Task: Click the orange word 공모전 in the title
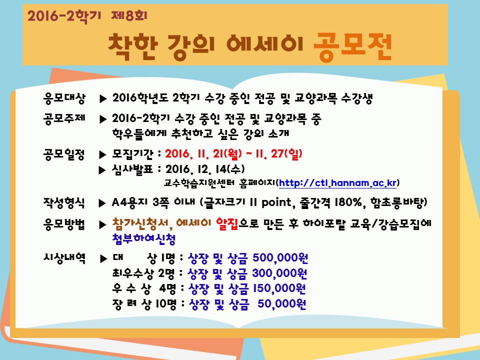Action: click(x=352, y=46)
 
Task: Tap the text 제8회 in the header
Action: click(x=129, y=15)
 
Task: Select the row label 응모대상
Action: click(x=64, y=98)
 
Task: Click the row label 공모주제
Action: click(x=64, y=118)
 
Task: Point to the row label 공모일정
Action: click(x=64, y=154)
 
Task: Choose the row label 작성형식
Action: click(x=64, y=202)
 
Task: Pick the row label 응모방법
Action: click(x=64, y=224)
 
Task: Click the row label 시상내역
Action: click(x=64, y=258)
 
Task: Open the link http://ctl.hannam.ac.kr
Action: click(x=337, y=183)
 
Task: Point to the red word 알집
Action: click(x=227, y=224)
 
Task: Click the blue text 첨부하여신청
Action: click(x=144, y=239)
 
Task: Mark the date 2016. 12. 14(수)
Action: click(x=205, y=169)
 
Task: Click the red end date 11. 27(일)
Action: click(x=279, y=153)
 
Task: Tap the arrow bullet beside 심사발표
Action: click(x=102, y=170)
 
